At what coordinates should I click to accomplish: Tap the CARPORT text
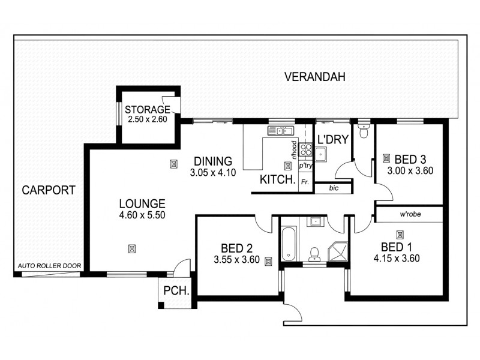point(49,191)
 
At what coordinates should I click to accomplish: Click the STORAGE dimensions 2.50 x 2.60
point(147,119)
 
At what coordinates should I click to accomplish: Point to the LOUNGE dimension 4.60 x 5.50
point(142,215)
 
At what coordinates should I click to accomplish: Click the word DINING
point(212,161)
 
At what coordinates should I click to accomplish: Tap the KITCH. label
point(277,179)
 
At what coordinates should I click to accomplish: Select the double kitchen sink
point(280,130)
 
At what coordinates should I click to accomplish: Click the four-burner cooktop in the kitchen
point(305,149)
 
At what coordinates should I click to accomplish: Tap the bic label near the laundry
point(334,188)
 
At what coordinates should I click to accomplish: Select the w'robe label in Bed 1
point(409,214)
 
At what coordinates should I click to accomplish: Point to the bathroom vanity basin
point(314,221)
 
